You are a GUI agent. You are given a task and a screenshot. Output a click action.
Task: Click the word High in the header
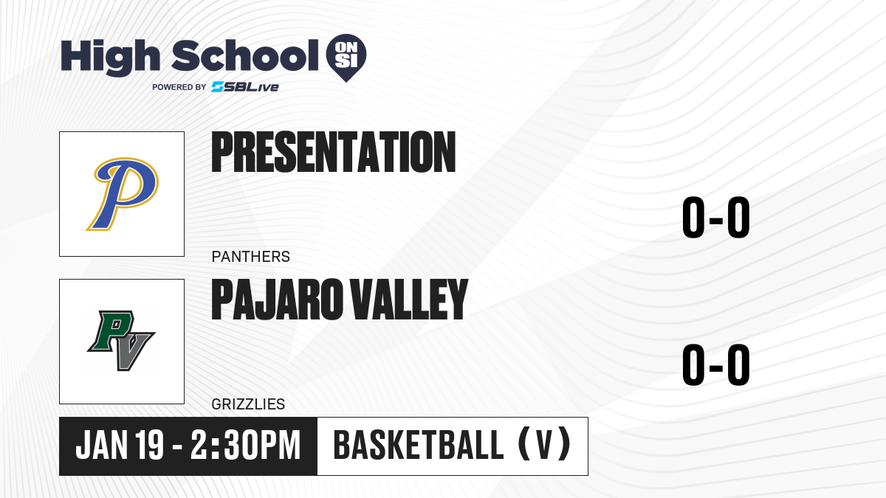tap(110, 58)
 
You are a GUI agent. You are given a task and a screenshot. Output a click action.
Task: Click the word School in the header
tap(245, 56)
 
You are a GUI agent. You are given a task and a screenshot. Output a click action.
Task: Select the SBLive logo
tap(245, 87)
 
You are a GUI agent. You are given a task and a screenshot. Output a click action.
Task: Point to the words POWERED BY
tap(179, 87)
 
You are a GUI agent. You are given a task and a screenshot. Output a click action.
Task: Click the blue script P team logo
tap(123, 193)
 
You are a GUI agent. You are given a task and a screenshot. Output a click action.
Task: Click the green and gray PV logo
tap(121, 341)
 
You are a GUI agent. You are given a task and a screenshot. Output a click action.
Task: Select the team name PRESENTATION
tap(334, 152)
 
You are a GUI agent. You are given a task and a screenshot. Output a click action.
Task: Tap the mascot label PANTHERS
tap(251, 257)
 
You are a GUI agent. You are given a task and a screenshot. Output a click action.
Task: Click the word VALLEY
tap(409, 300)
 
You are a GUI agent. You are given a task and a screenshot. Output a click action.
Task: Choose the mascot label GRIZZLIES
tap(248, 404)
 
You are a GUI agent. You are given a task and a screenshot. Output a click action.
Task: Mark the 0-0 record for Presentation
tap(716, 218)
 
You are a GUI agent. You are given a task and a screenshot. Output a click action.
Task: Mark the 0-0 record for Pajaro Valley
tap(716, 364)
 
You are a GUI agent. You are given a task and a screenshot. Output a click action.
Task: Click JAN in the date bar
tap(102, 445)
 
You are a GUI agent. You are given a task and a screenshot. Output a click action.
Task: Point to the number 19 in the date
tap(149, 445)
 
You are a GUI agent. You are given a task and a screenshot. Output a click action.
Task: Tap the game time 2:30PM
tap(246, 445)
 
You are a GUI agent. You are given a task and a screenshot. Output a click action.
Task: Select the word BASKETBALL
tap(419, 445)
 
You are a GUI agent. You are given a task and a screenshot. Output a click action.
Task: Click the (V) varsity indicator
tap(544, 445)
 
